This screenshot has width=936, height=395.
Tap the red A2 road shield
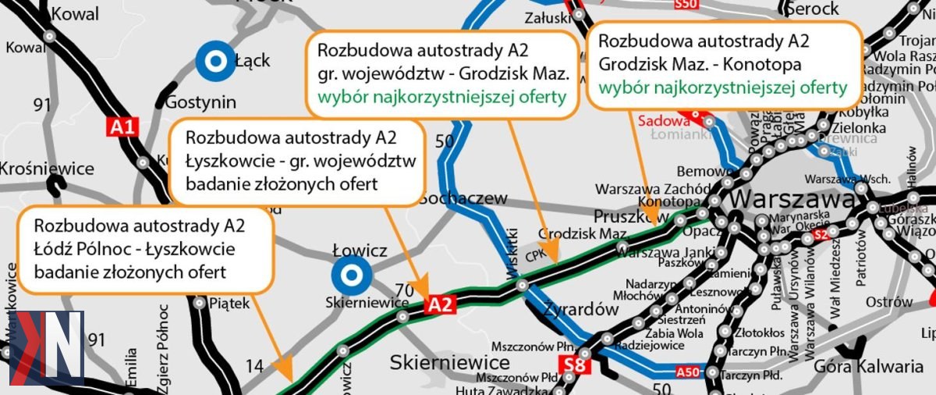[x=439, y=306]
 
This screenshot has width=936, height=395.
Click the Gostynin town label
[x=199, y=102]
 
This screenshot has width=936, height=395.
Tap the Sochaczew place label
[x=463, y=199]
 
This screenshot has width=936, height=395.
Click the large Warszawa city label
[x=792, y=199]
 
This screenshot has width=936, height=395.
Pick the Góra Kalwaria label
[x=868, y=366]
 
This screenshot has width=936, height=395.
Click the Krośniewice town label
[x=47, y=169]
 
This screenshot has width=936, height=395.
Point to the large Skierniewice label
[x=450, y=362]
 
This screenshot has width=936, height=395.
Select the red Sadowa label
[x=664, y=121]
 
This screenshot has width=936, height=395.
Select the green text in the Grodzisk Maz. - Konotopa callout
[x=722, y=88]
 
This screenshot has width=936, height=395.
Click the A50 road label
[x=687, y=372]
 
